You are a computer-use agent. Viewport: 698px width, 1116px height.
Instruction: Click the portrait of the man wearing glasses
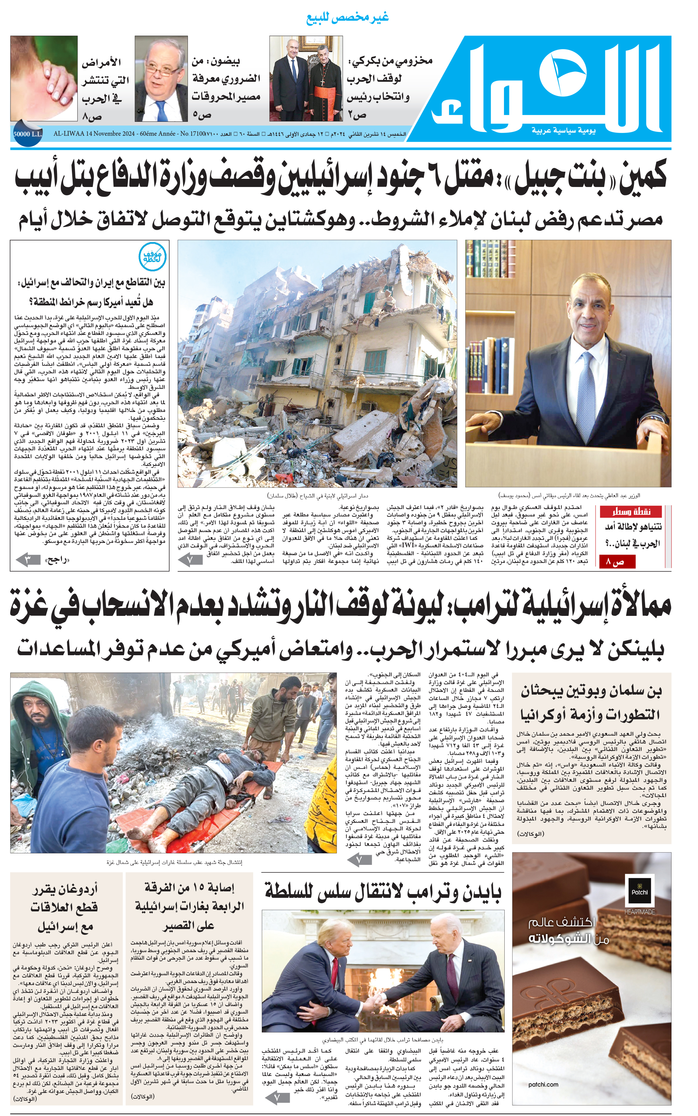pos(161,78)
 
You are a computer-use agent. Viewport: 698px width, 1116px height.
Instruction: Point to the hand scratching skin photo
pos(44,78)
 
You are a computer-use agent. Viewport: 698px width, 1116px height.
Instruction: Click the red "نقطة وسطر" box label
pos(632,512)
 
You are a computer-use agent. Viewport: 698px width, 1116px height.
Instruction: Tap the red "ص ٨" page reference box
pos(618,562)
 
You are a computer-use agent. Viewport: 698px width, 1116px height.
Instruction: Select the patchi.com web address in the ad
pos(543,1084)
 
